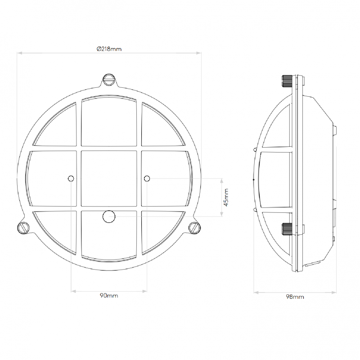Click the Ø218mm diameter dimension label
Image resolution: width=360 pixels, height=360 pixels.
(x=109, y=49)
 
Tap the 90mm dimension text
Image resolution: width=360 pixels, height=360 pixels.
(x=109, y=296)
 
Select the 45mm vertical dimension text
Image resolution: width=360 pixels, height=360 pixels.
(x=226, y=197)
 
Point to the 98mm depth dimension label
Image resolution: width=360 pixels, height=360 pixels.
(x=295, y=297)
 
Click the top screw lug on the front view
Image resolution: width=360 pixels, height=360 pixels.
(x=109, y=80)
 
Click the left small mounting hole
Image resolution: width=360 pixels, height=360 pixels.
(x=71, y=179)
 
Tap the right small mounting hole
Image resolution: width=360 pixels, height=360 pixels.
(x=147, y=179)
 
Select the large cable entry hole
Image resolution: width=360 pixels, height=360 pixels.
(x=108, y=216)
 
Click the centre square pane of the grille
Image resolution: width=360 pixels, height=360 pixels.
(x=109, y=179)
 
